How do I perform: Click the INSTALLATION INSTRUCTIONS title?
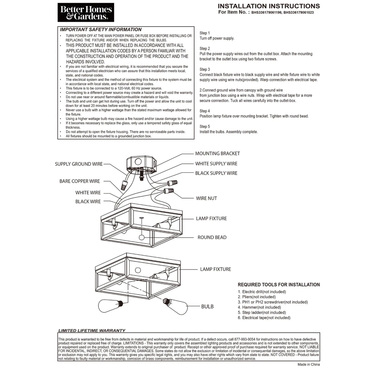pyautogui.click(x=269, y=6)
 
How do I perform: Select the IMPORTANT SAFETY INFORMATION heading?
pyautogui.click(x=101, y=30)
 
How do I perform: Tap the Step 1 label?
pyautogui.click(x=205, y=33)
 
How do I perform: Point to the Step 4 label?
pyautogui.click(x=205, y=111)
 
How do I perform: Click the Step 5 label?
pyautogui.click(x=205, y=127)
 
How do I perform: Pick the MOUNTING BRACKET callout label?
pyautogui.click(x=217, y=154)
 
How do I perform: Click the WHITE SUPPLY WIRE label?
pyautogui.click(x=216, y=163)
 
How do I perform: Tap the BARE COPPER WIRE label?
pyautogui.click(x=80, y=181)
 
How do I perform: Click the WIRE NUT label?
pyautogui.click(x=206, y=198)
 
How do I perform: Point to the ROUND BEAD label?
pyautogui.click(x=212, y=237)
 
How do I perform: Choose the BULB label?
pyautogui.click(x=207, y=306)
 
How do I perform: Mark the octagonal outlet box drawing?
pyautogui.click(x=141, y=163)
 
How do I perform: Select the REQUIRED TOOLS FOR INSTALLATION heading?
pyautogui.click(x=279, y=285)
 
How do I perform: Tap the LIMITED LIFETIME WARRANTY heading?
pyautogui.click(x=92, y=331)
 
